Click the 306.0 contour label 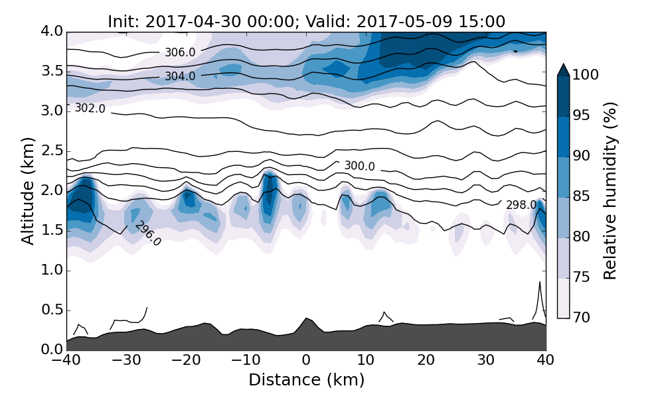[180, 52]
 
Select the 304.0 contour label [180, 76]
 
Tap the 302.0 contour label [90, 108]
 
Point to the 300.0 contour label [359, 166]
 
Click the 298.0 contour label [521, 205]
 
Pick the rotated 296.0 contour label [147, 233]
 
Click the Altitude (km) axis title [27, 190]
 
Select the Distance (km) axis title [306, 380]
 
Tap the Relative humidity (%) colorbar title [610, 190]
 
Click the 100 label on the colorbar [586, 75]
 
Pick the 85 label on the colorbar [582, 196]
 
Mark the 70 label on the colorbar [582, 318]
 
